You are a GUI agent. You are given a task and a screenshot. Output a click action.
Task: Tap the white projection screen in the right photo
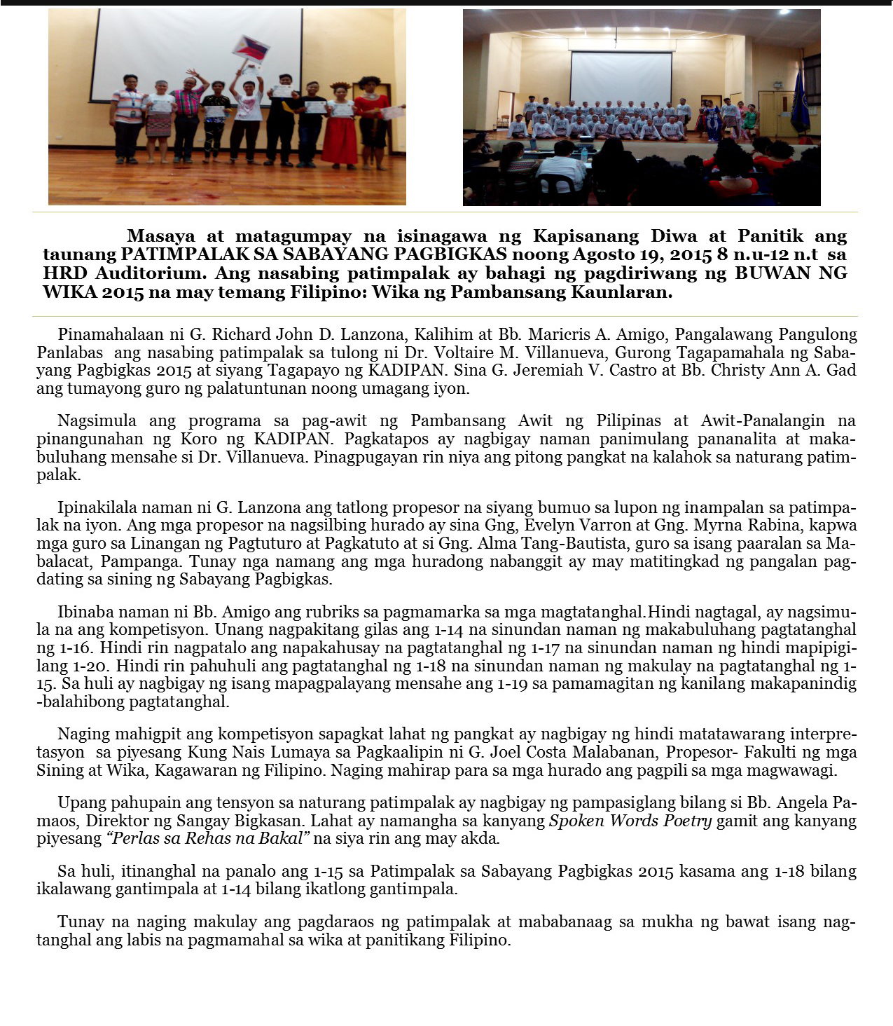click(x=621, y=78)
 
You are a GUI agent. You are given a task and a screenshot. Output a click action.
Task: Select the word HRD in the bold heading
click(x=66, y=273)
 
